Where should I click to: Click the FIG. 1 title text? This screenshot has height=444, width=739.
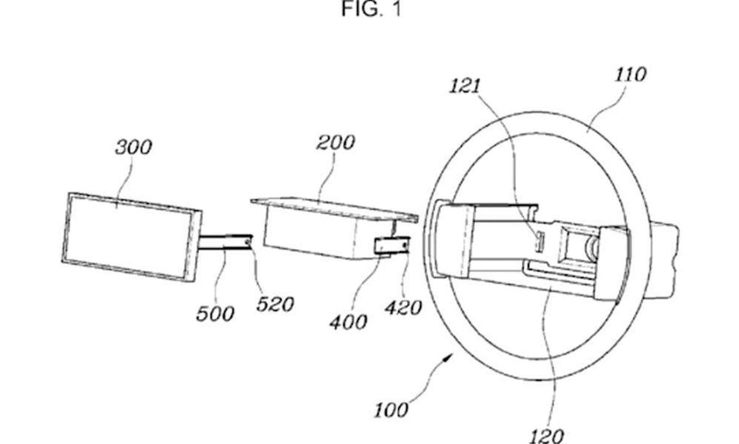click(371, 9)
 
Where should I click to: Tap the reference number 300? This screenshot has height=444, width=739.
click(134, 147)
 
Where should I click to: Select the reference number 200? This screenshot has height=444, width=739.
click(336, 142)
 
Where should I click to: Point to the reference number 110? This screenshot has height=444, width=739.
click(631, 75)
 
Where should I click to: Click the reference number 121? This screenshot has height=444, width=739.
click(465, 86)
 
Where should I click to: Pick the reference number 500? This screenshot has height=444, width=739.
click(215, 313)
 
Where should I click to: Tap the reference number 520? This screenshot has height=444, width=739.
click(275, 304)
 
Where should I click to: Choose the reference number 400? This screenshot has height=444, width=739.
click(349, 322)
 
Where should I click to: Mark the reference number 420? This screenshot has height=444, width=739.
click(403, 308)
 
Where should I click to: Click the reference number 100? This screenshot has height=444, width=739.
click(391, 410)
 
